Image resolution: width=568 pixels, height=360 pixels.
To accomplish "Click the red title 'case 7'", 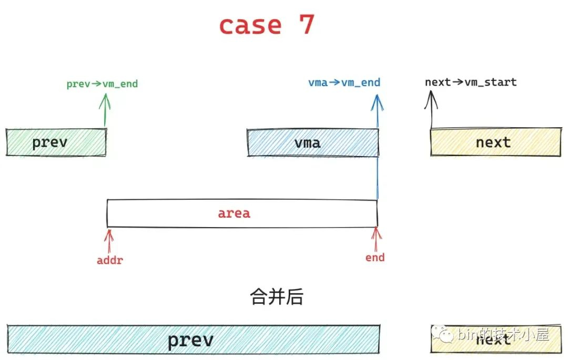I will click(x=267, y=25).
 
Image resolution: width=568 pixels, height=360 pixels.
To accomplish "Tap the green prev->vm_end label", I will click(x=102, y=84).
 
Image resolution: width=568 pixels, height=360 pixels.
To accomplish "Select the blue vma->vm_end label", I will click(x=344, y=83).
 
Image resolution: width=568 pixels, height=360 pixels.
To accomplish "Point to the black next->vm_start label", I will click(x=471, y=82).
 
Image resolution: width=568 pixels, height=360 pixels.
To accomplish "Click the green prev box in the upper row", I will click(x=56, y=142).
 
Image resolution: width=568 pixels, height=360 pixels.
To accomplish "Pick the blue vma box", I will click(x=312, y=142).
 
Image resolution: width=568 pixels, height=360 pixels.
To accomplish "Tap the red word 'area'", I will click(x=234, y=213).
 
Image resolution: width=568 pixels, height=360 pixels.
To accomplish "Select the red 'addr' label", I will click(x=109, y=260).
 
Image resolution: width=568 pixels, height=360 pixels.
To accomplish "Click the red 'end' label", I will click(x=375, y=258).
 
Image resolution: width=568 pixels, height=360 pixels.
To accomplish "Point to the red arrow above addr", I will click(x=109, y=240).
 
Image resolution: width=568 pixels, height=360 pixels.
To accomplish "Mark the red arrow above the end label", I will click(x=376, y=239).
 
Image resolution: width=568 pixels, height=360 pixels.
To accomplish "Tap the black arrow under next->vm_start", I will click(x=431, y=108).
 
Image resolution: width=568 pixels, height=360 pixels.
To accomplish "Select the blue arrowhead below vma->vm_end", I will click(x=377, y=102).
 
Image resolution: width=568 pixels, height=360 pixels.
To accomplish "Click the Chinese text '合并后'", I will click(x=276, y=297).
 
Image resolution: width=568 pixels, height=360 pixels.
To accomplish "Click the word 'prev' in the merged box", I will click(x=190, y=340).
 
